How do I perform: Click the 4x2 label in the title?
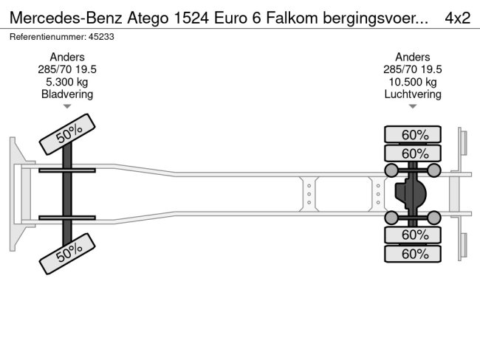pos(457,17)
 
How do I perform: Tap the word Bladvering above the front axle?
pos(67,94)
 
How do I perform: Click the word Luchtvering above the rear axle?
pos(413,94)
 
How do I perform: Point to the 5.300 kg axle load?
pos(67,81)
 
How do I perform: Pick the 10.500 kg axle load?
pos(413,81)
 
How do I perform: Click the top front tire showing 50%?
pos(67,134)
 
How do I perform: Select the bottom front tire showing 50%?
pos(67,253)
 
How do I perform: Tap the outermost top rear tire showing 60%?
pos(413,134)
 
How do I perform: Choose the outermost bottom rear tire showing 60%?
pos(413,254)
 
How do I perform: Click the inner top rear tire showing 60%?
pos(413,153)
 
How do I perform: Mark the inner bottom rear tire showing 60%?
pos(413,235)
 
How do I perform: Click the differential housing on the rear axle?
pos(411,194)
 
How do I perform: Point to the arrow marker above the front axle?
pos(67,107)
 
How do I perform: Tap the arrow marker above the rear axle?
pos(413,107)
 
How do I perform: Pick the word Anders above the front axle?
pos(67,56)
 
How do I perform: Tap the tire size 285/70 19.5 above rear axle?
pos(413,69)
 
